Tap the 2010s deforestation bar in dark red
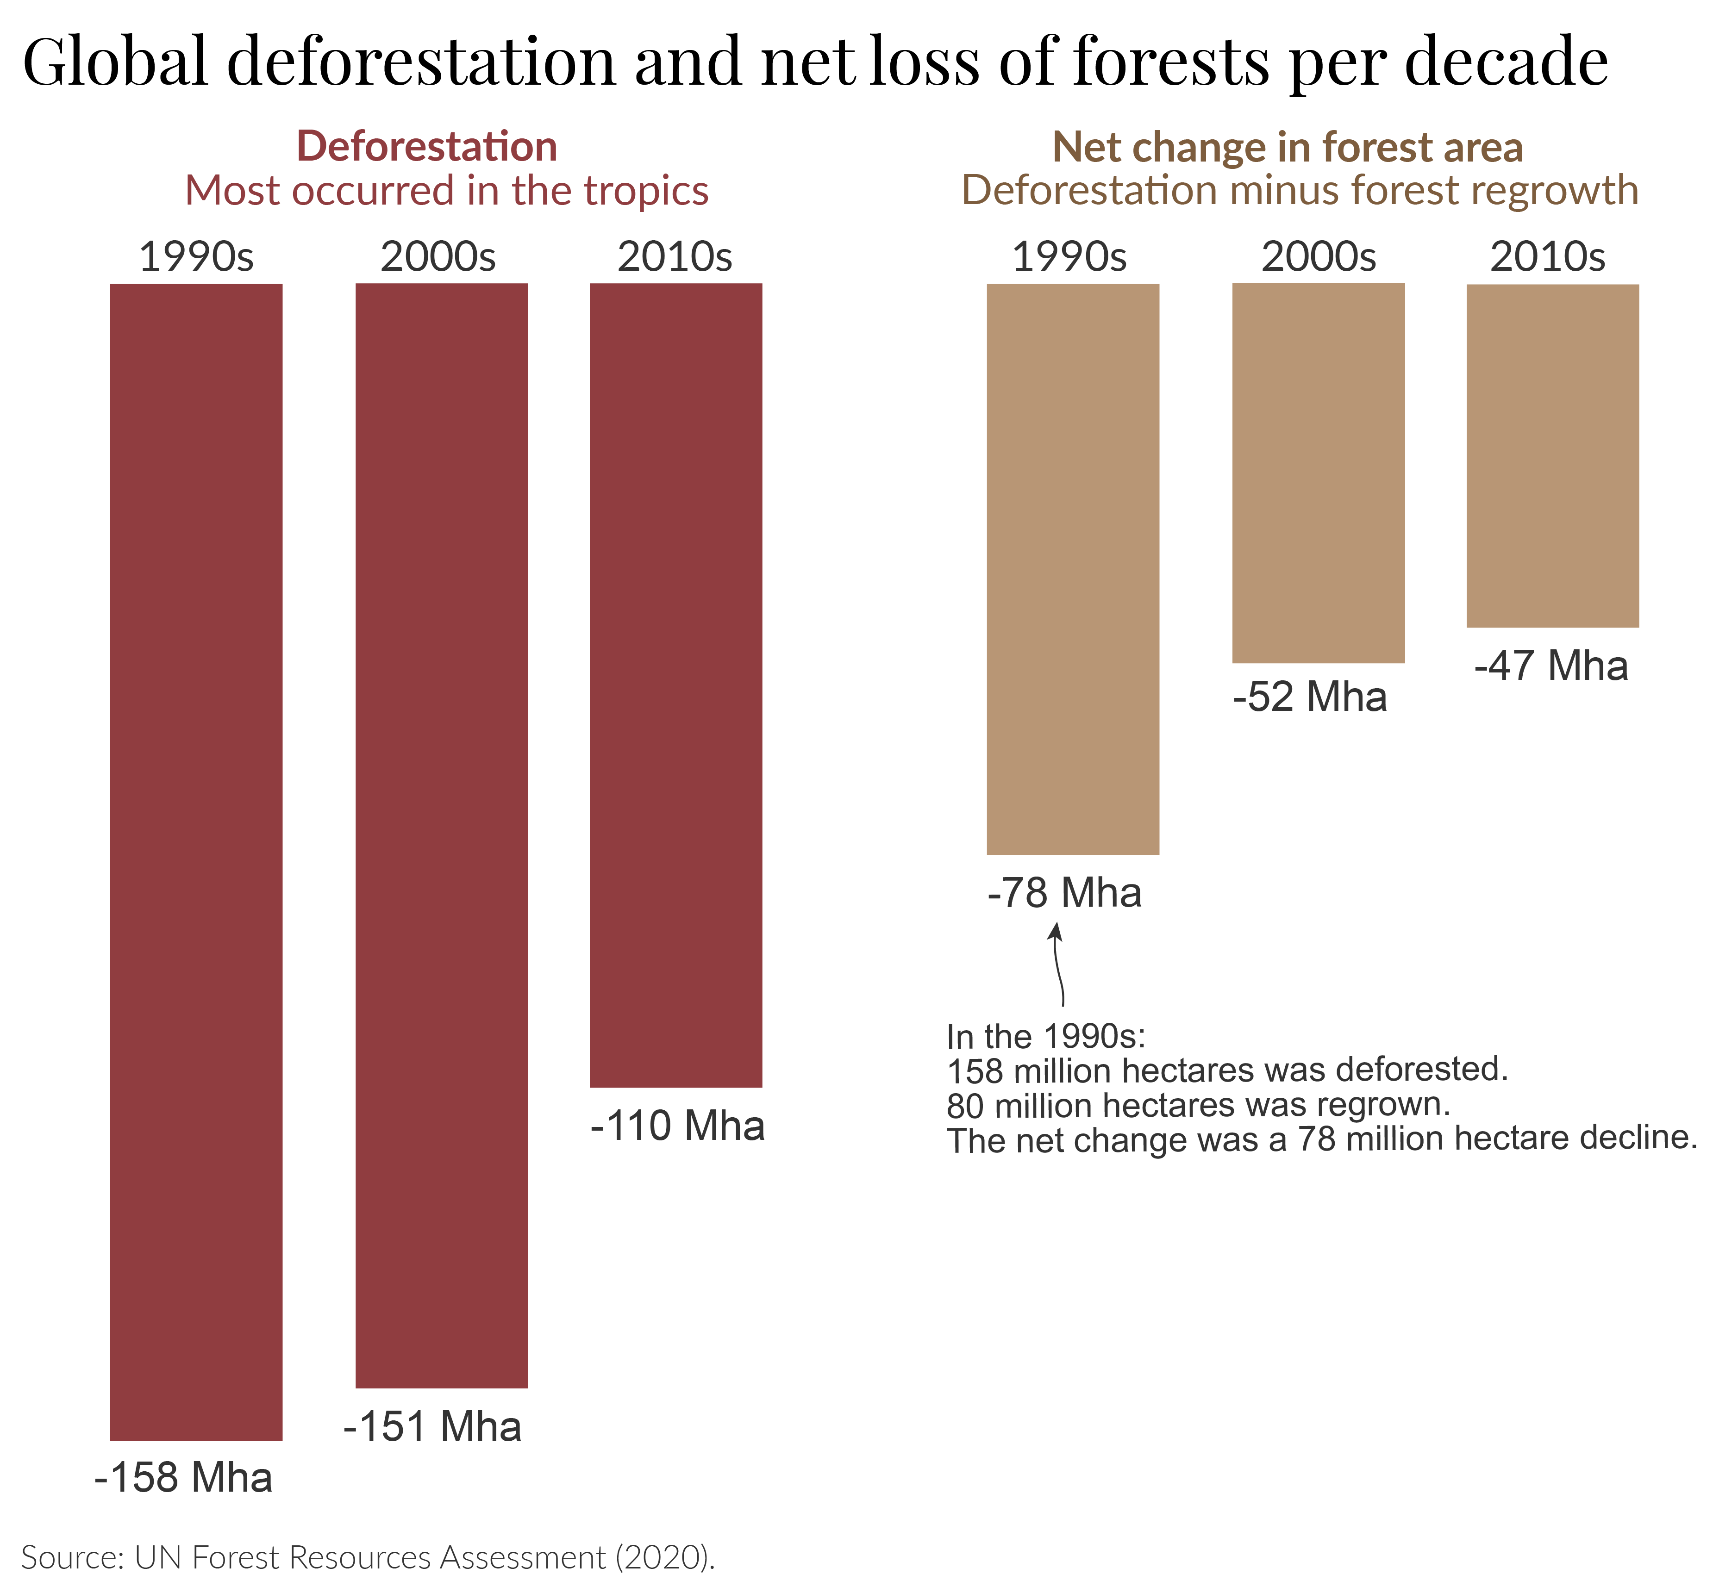pyautogui.click(x=675, y=685)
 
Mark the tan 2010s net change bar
pyautogui.click(x=1552, y=455)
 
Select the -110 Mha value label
pyautogui.click(x=677, y=1126)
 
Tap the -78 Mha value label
pyautogui.click(x=1064, y=893)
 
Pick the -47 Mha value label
pyautogui.click(x=1551, y=666)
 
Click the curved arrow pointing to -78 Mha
pyautogui.click(x=1058, y=965)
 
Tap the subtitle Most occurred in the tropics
pyautogui.click(x=446, y=190)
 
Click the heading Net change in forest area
pyautogui.click(x=1288, y=147)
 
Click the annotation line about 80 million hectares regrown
pyautogui.click(x=1198, y=1105)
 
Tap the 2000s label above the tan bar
pyautogui.click(x=1319, y=257)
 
